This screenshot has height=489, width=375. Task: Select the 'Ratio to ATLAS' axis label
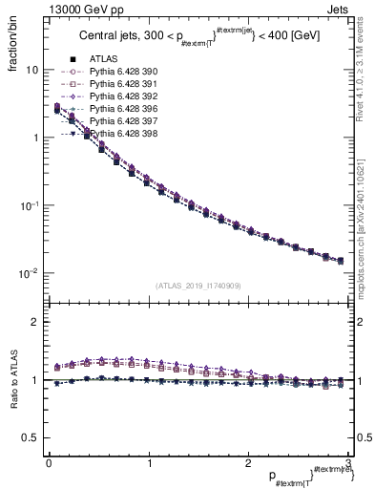pos(12,382)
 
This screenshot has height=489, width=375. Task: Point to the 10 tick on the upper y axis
pos(31,70)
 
